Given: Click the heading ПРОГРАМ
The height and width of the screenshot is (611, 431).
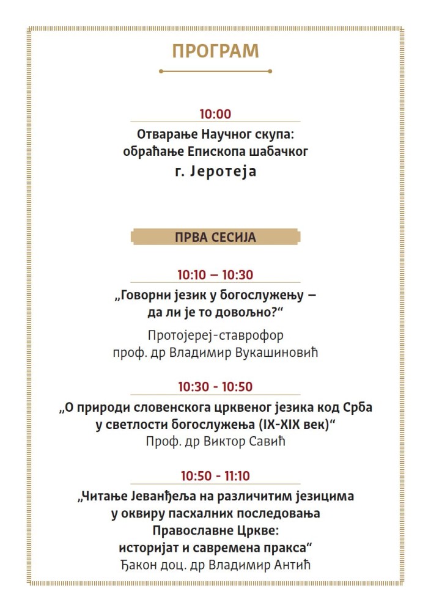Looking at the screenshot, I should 215,51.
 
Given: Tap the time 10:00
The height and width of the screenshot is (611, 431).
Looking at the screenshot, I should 215,114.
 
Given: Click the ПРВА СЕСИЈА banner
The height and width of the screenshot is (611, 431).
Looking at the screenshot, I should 215,236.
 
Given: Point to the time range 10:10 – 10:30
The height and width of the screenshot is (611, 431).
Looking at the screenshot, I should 215,275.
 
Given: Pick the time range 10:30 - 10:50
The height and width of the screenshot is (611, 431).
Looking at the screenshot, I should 215,387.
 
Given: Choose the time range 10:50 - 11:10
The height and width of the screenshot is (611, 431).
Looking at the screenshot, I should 215,476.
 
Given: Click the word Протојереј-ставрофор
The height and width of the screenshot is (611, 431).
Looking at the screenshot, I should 215,335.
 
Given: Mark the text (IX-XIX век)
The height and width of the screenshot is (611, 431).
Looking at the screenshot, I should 295,425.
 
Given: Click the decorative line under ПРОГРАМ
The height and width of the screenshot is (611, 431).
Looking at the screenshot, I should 215,71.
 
